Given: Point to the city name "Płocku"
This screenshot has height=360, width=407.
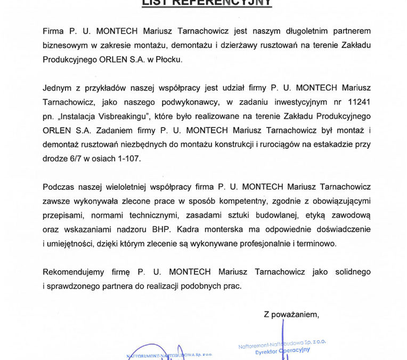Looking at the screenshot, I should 167,59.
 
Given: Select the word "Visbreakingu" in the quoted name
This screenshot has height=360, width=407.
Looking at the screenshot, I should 123,115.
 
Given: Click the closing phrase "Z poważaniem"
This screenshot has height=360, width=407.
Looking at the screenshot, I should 291,314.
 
